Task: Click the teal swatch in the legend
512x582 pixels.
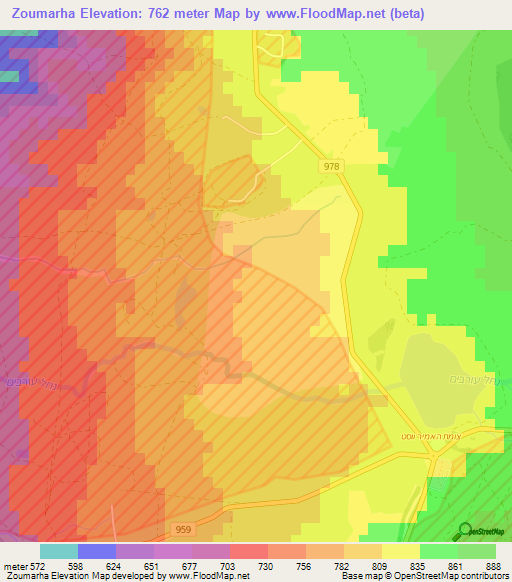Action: [x=59, y=551]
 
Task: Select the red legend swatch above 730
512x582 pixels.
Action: [x=249, y=551]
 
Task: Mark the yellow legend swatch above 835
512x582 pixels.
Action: [x=401, y=551]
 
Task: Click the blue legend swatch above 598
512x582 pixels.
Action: [x=97, y=551]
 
